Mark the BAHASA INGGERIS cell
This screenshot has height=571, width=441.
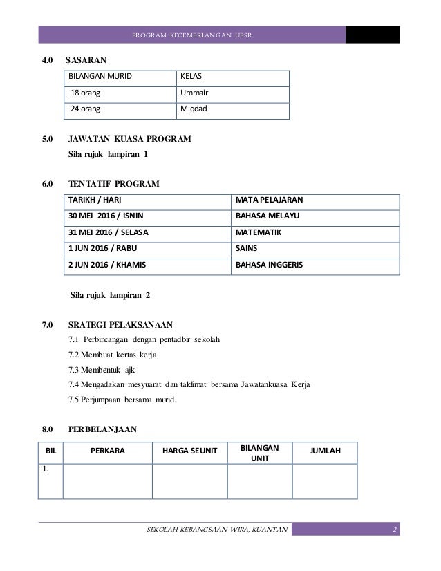269,264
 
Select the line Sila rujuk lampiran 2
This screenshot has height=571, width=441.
111,296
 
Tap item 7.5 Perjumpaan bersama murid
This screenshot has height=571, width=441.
122,398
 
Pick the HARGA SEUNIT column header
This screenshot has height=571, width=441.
189,451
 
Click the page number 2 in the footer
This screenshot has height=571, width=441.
393,530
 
